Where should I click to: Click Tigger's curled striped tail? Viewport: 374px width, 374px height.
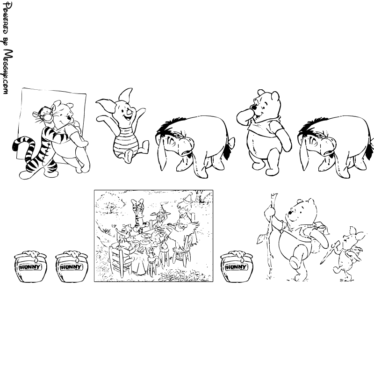[22, 143]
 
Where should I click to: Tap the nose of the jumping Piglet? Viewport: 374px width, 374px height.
[129, 111]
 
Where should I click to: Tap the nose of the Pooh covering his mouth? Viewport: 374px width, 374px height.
[254, 108]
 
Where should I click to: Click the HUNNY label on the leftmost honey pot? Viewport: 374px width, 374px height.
[30, 267]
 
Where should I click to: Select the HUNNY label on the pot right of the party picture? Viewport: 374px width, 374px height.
[236, 267]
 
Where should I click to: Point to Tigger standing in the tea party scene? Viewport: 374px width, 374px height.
[139, 215]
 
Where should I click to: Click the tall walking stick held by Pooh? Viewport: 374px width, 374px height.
[271, 236]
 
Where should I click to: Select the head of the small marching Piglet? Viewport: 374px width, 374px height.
[352, 237]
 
